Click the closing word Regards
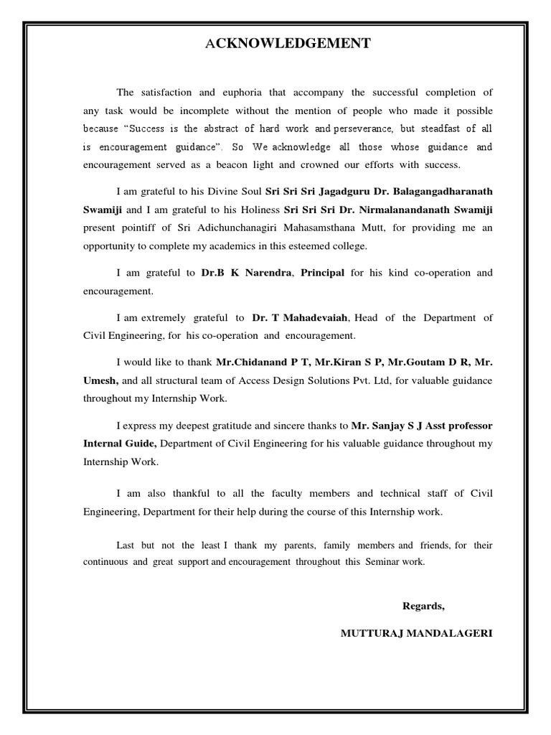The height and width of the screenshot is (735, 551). coord(423,606)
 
